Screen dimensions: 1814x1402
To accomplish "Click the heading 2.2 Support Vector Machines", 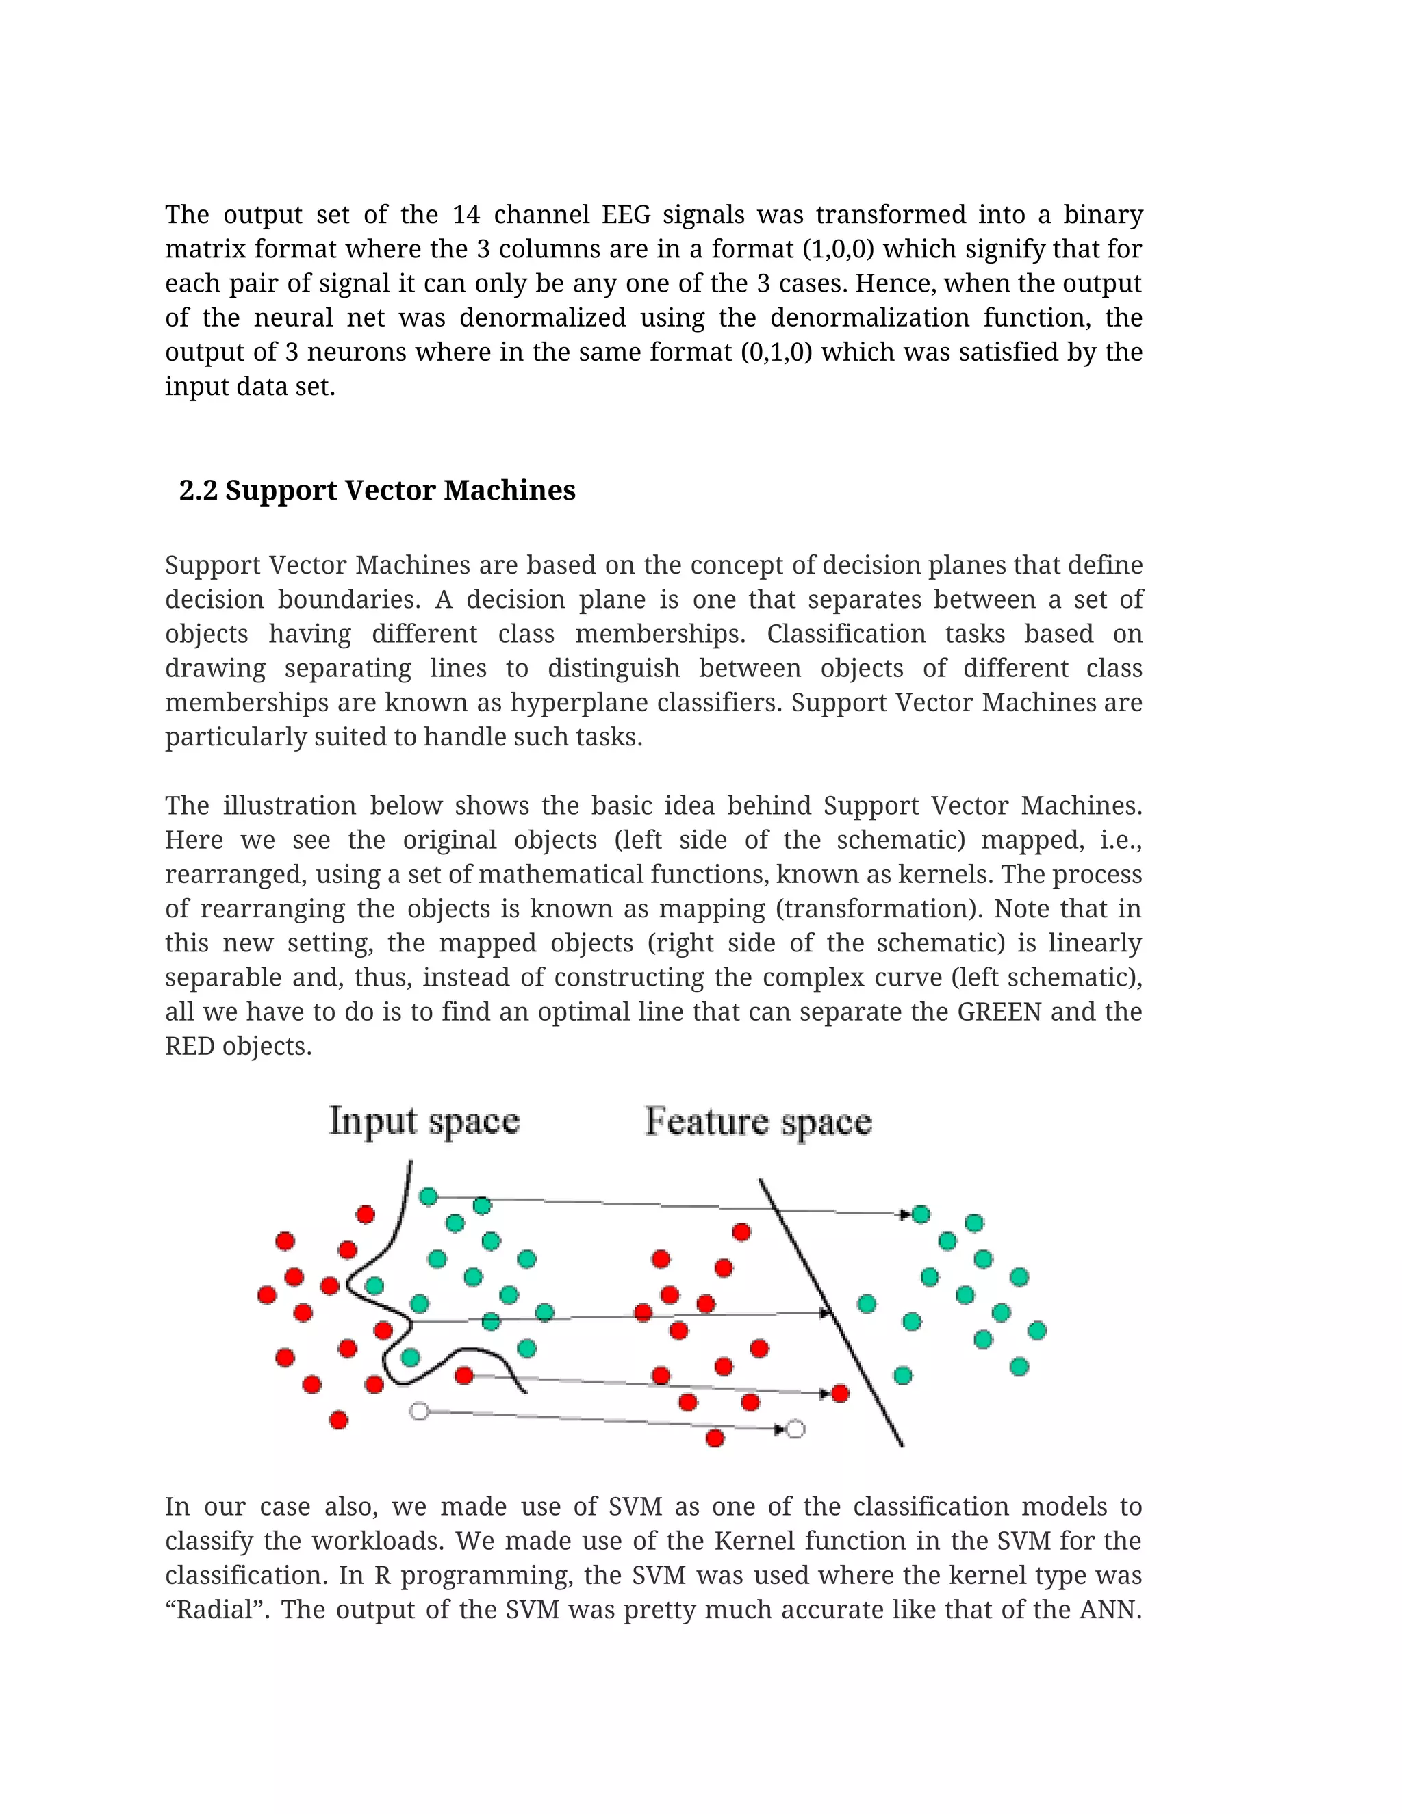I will pos(377,490).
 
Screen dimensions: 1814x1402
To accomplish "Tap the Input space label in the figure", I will pos(424,1121).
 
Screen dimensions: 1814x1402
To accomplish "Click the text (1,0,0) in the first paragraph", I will pos(838,249).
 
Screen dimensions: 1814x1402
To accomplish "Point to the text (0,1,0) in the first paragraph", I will pos(776,352).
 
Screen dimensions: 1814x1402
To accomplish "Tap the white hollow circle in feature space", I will pos(795,1429).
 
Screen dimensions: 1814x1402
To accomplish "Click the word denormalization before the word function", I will pos(869,318).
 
